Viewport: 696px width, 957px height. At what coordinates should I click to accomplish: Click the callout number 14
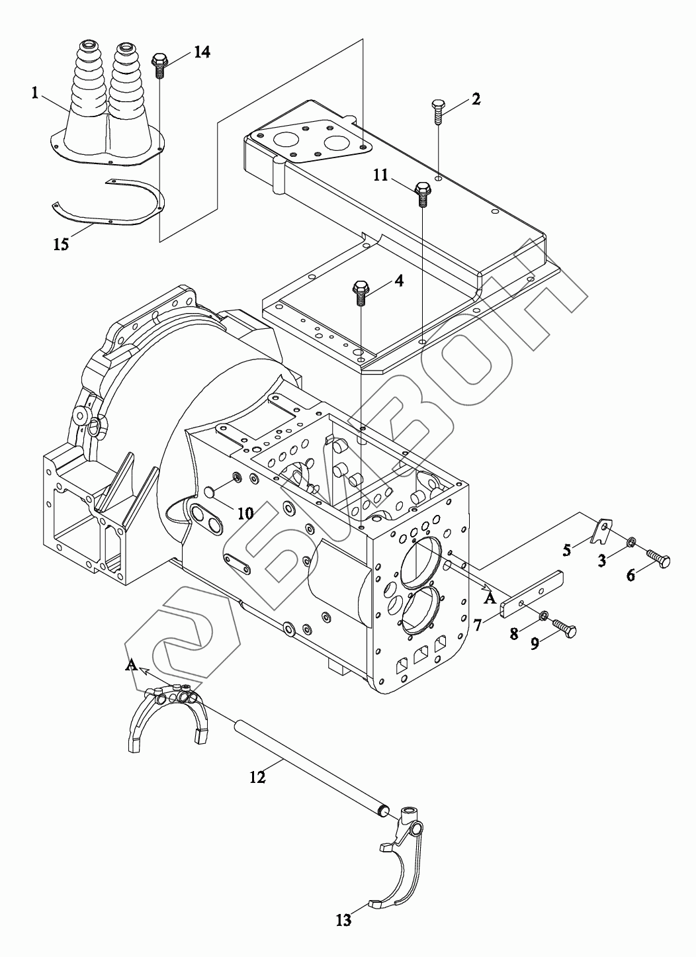pos(202,52)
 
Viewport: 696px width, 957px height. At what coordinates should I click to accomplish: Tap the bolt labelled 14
pos(159,66)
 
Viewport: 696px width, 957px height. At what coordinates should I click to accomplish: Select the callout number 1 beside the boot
pos(35,93)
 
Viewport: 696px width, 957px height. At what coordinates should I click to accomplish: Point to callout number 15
pos(61,244)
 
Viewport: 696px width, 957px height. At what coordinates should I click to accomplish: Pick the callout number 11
pos(380,175)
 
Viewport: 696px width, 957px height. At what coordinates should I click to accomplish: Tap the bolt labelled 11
pos(422,194)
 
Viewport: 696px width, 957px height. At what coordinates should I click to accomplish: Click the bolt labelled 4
pos(359,293)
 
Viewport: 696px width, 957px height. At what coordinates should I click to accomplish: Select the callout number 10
pos(245,513)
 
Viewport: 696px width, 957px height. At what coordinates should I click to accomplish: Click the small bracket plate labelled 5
pos(601,530)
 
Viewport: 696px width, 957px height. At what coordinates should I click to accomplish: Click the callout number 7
pos(478,625)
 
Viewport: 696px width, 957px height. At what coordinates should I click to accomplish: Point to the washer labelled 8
pos(544,615)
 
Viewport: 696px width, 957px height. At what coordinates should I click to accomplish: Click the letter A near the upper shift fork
pos(130,664)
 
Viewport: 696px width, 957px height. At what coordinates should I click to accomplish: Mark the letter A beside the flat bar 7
pos(490,598)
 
